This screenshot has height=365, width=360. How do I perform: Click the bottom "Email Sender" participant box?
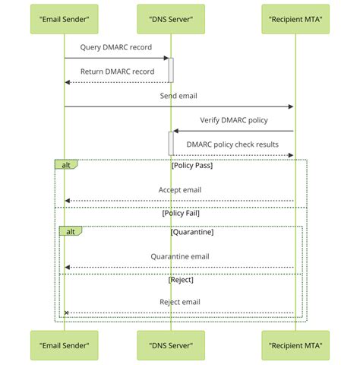click(65, 346)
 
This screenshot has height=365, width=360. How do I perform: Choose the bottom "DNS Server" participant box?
click(171, 346)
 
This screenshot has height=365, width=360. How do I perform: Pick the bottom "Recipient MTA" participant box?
click(294, 346)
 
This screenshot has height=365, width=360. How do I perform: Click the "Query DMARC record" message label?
click(116, 48)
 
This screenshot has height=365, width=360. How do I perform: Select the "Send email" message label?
click(179, 97)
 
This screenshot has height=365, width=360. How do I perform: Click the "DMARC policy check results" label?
click(232, 144)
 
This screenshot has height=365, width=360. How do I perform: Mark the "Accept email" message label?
click(179, 190)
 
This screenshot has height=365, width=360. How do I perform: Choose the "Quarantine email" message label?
click(179, 257)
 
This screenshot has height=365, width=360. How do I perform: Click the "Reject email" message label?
click(179, 302)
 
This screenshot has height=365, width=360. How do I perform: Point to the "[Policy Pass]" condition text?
click(192, 165)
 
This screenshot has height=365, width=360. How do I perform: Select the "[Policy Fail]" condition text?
click(181, 214)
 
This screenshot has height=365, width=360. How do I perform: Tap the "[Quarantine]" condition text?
click(192, 231)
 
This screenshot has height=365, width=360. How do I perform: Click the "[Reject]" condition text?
click(181, 281)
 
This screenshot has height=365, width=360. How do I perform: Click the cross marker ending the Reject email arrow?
click(66, 313)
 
